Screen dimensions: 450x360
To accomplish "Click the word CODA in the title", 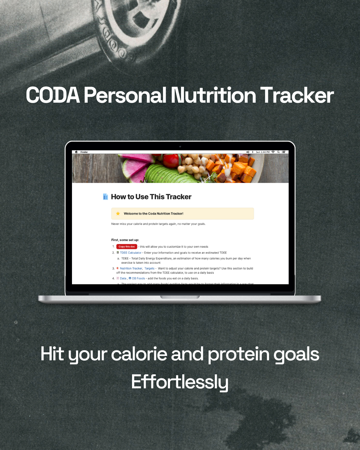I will [x=53, y=95].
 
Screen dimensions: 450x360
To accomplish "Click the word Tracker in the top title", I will [x=297, y=95].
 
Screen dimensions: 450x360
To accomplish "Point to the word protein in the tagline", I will [x=238, y=354].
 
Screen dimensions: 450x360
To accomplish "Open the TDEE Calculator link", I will [x=131, y=253].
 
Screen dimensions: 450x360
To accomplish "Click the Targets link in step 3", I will [x=149, y=268].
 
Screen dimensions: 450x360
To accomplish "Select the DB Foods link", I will [x=138, y=278].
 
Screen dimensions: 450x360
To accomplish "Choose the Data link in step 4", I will [x=123, y=278].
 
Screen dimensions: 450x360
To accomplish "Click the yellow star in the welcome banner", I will [x=118, y=214].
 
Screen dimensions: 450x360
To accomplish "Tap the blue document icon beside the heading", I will [x=105, y=197].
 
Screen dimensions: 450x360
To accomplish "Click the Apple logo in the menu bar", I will [x=76, y=152].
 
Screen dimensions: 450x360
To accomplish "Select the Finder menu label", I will [x=84, y=152].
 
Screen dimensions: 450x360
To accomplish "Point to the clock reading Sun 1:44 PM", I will [x=263, y=152].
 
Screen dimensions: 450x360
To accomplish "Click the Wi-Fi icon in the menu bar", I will [x=273, y=152].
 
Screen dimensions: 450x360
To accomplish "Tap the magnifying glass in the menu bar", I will [x=278, y=152].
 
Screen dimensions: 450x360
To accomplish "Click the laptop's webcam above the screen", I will [x=180, y=146].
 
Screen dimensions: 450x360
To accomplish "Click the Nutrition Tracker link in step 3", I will [x=131, y=268].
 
